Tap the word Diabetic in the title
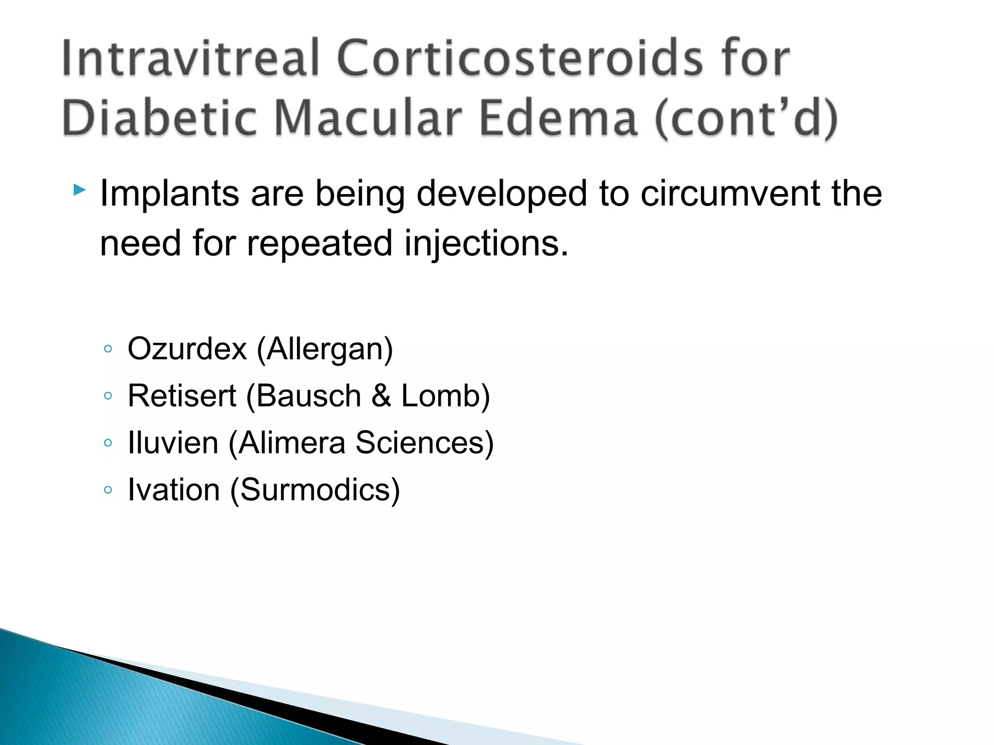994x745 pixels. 159,119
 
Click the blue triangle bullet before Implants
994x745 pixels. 80,190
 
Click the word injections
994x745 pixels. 486,243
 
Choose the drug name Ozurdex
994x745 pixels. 187,349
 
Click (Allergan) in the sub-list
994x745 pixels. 325,350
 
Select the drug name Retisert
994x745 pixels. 182,396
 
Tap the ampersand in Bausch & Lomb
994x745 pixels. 381,396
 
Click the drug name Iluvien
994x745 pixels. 173,443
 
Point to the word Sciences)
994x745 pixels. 424,443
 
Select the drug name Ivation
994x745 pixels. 173,490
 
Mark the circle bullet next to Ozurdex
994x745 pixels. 108,349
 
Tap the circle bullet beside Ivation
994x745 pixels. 108,490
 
